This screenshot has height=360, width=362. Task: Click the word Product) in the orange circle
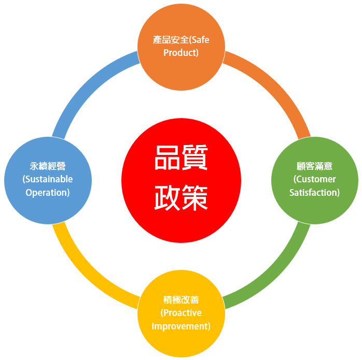181,53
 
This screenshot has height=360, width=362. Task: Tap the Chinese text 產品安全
171,40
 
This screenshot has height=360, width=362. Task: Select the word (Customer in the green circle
314,179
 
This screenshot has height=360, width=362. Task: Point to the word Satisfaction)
314,193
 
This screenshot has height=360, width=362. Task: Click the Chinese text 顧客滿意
314,166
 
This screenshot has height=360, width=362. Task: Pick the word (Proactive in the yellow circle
181,313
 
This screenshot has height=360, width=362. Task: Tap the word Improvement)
181,326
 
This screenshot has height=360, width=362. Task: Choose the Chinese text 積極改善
181,300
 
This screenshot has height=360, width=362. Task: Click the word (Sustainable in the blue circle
48,179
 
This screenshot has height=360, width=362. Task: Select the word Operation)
48,193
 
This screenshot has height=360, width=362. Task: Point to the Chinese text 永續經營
48,166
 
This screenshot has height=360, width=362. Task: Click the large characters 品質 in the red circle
181,157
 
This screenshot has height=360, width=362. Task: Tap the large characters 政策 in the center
181,198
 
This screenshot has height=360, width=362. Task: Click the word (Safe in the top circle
199,40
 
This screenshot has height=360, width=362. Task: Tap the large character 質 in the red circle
195,157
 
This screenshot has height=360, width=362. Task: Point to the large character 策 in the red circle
195,198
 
